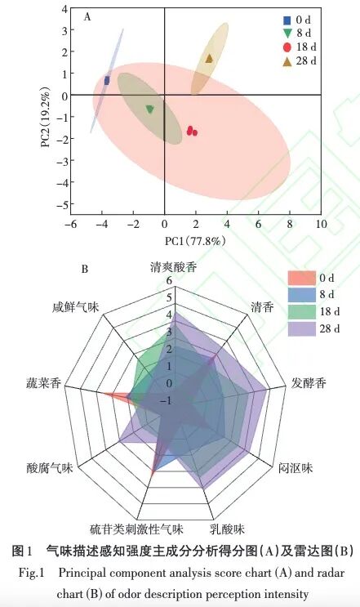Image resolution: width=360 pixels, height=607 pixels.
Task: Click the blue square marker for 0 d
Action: click(x=107, y=80)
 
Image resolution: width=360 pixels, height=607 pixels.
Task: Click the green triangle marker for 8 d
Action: click(x=149, y=109)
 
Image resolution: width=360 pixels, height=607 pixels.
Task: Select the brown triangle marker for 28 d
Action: click(x=209, y=58)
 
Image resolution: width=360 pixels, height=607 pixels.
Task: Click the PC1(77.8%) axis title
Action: click(x=195, y=241)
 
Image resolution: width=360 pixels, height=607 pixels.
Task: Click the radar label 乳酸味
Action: click(x=226, y=529)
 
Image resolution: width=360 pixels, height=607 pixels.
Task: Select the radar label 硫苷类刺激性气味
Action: click(x=137, y=529)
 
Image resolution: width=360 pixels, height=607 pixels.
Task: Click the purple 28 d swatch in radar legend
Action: click(x=300, y=328)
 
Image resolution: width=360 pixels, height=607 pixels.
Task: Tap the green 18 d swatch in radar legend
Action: click(x=300, y=311)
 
